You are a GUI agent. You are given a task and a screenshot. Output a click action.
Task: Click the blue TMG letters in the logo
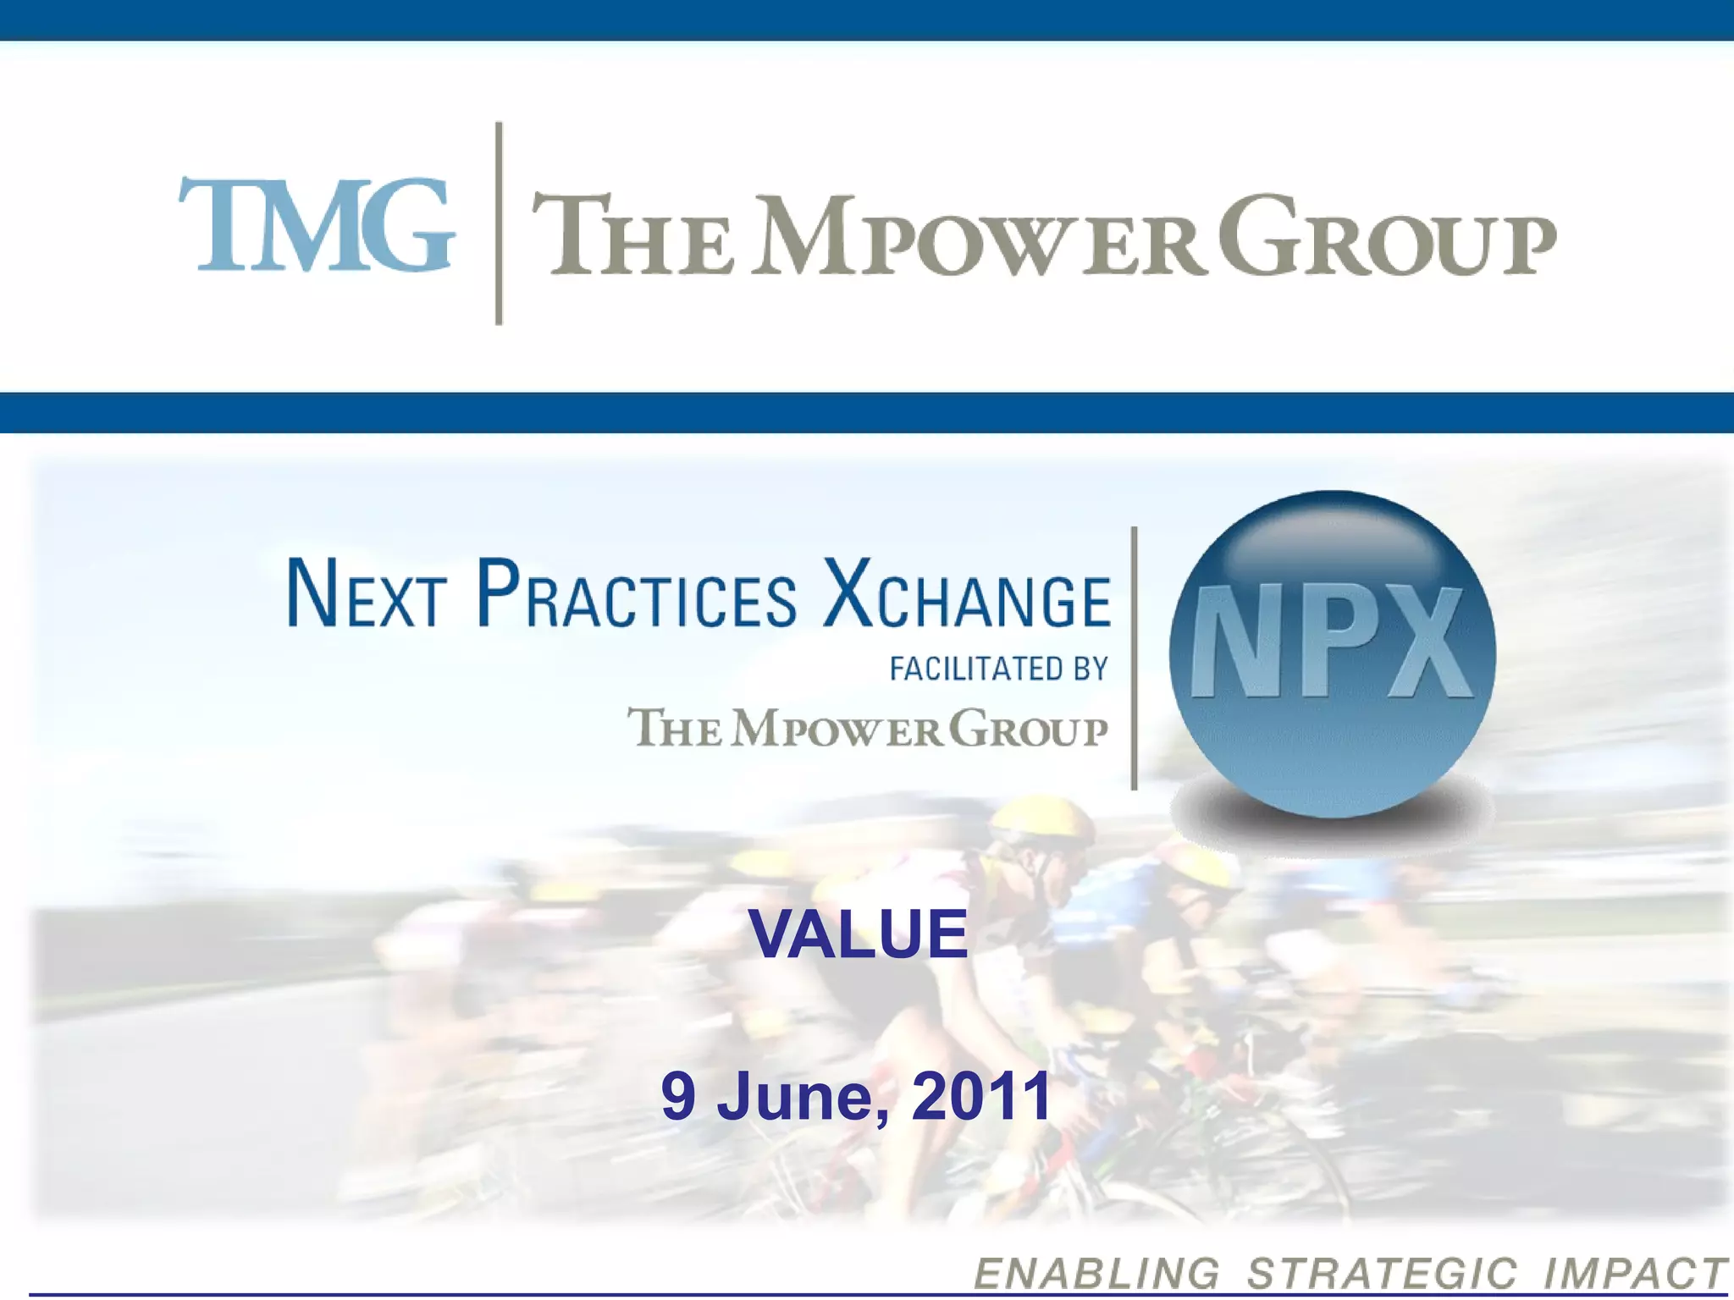point(316,224)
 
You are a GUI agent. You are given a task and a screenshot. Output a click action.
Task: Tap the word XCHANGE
point(967,594)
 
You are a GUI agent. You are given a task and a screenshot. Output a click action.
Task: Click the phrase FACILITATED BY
point(998,669)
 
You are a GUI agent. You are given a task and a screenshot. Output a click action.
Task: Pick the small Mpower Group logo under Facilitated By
point(867,728)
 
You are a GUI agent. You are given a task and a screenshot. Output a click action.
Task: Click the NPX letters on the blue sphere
point(1331,643)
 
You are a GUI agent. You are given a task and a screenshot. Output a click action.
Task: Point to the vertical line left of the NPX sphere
point(1134,658)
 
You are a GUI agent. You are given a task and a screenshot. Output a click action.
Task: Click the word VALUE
point(858,934)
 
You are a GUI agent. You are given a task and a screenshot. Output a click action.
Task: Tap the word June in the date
point(803,1097)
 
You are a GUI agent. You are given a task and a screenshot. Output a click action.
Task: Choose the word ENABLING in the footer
point(1096,1274)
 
